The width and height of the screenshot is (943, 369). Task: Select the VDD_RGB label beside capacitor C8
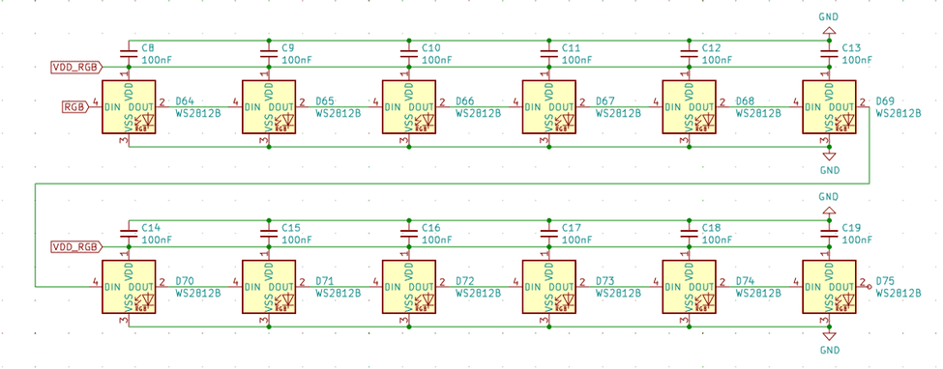(x=74, y=67)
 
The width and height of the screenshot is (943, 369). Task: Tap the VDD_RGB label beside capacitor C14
(x=74, y=246)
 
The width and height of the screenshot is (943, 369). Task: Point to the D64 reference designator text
(x=184, y=100)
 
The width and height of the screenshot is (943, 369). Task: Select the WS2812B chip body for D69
(x=828, y=106)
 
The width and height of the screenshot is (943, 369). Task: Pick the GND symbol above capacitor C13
(x=828, y=31)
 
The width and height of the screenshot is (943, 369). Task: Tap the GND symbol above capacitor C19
(x=828, y=211)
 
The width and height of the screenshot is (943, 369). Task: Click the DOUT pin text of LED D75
(x=840, y=286)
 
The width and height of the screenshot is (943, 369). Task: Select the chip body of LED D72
(x=408, y=286)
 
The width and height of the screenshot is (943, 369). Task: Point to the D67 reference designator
(x=604, y=100)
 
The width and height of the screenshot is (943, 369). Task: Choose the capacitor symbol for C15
(x=268, y=233)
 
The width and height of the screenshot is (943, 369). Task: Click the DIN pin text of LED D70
(x=113, y=286)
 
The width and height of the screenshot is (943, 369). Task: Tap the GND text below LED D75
(x=829, y=350)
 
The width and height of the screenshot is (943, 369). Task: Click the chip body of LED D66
(x=408, y=106)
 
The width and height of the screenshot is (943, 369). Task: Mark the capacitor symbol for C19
(x=828, y=233)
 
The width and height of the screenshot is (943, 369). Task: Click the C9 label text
(x=288, y=47)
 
